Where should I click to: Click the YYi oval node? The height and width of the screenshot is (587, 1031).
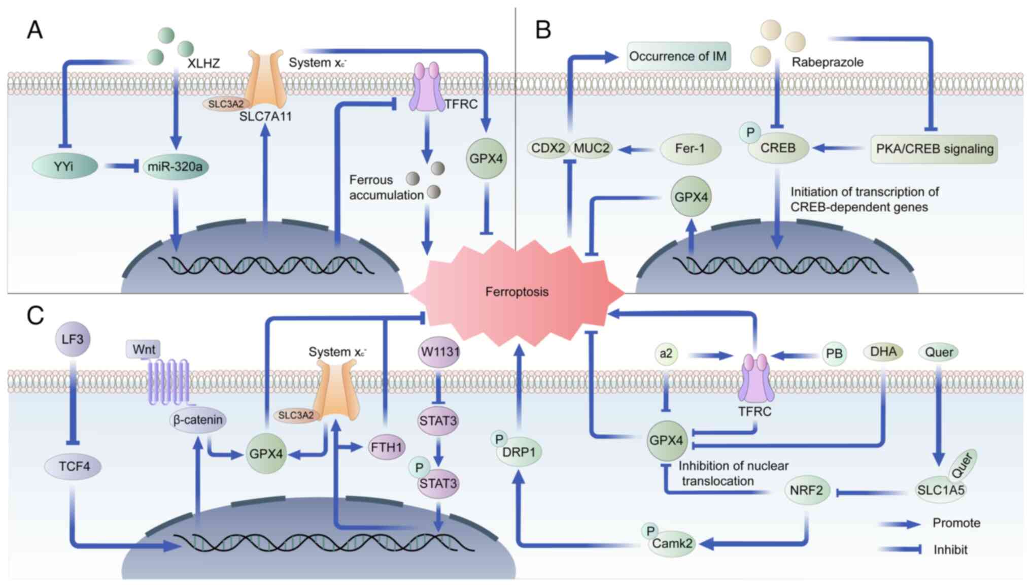(64, 166)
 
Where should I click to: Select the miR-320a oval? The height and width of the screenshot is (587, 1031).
(175, 167)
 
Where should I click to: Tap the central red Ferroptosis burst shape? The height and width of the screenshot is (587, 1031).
(517, 291)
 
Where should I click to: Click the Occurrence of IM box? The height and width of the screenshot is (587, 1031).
(678, 56)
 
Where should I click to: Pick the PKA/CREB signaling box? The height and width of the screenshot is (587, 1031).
(934, 149)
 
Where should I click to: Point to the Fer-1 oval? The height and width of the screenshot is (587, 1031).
(690, 149)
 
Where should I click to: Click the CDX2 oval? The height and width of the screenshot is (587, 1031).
(548, 148)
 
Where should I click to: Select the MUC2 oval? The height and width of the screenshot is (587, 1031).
(592, 148)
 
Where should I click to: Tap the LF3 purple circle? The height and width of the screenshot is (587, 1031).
(73, 339)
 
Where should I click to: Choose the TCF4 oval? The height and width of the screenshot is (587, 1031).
(74, 466)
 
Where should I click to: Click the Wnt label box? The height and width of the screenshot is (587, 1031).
(144, 349)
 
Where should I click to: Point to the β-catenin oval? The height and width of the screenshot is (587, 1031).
(197, 420)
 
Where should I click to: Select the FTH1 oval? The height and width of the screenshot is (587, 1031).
(387, 447)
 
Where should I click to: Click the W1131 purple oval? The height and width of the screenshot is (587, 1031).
(439, 351)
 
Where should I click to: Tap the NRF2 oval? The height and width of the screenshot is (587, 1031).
(806, 491)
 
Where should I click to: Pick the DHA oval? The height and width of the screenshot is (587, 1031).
(883, 352)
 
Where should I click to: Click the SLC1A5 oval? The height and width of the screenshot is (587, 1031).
(940, 491)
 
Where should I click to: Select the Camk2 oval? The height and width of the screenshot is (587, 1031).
(672, 544)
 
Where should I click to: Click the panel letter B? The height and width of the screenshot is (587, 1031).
(543, 30)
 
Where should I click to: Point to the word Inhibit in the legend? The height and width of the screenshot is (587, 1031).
(950, 550)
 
